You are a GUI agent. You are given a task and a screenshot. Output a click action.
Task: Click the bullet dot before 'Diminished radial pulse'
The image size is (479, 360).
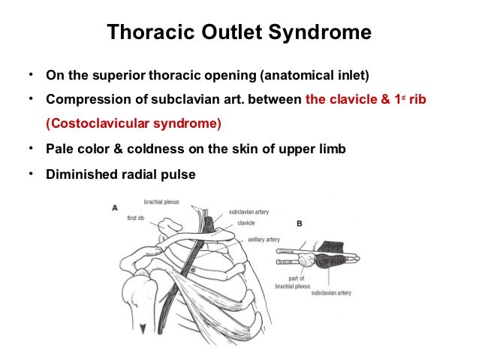[30, 174]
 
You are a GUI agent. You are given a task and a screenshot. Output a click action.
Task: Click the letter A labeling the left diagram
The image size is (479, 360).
[114, 207]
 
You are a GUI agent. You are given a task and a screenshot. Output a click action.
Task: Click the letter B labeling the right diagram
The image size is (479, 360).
[300, 224]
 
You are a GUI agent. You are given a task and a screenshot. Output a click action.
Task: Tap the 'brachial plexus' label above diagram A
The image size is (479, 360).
[163, 201]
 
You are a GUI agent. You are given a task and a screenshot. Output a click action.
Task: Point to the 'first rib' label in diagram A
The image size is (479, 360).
[137, 218]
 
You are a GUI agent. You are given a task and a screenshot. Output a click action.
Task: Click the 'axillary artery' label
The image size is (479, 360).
[264, 240]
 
